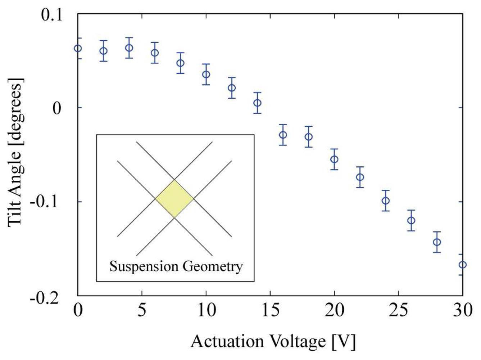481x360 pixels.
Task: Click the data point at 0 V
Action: [x=78, y=48]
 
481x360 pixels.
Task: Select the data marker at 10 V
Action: [x=206, y=75]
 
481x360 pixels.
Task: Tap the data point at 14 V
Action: [x=257, y=103]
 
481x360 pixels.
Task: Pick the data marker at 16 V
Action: [x=283, y=135]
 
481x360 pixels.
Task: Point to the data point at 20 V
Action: [x=334, y=159]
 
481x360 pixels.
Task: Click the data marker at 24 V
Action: [x=386, y=201]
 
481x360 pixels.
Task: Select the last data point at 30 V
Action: [x=463, y=265]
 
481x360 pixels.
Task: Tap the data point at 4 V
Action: [x=129, y=48]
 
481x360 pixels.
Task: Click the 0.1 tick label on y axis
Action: [x=51, y=15]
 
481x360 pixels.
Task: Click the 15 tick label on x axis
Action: [x=270, y=310]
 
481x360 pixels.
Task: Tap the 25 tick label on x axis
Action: [x=398, y=310]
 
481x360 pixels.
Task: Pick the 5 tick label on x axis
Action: [x=142, y=310]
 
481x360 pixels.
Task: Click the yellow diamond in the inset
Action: [x=174, y=199]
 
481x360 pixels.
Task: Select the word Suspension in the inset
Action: [x=144, y=267]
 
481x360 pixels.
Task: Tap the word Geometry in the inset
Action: [x=213, y=267]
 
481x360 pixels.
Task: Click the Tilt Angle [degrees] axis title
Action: [x=15, y=153]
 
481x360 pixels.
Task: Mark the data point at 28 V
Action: [x=437, y=242]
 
